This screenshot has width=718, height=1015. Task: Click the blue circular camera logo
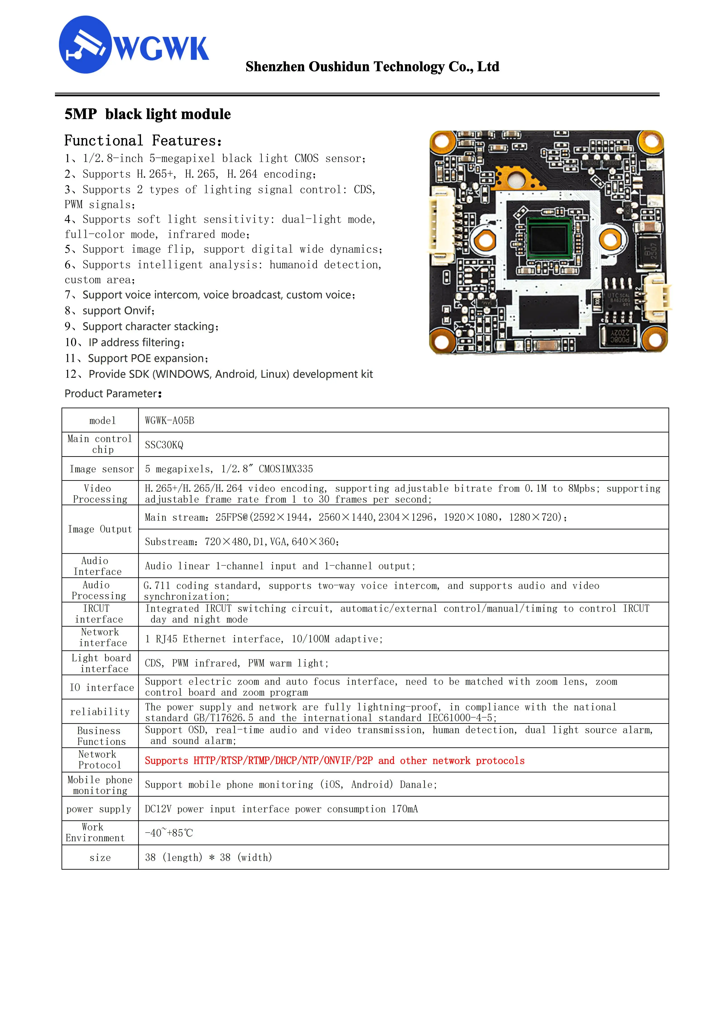[85, 45]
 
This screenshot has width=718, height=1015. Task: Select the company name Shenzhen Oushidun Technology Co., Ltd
[372, 67]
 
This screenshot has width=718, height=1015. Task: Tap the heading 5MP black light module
[148, 114]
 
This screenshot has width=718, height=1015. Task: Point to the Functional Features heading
[143, 141]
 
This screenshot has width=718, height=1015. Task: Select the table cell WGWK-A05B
[170, 420]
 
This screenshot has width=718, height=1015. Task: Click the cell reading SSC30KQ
[164, 445]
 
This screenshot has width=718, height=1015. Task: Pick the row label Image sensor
[101, 469]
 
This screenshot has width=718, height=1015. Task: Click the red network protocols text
[335, 760]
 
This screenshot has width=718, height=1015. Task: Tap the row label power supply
[99, 809]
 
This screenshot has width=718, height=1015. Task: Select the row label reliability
[100, 712]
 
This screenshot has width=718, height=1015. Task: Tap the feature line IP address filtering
[136, 343]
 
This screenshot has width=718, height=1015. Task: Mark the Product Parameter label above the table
[113, 393]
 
